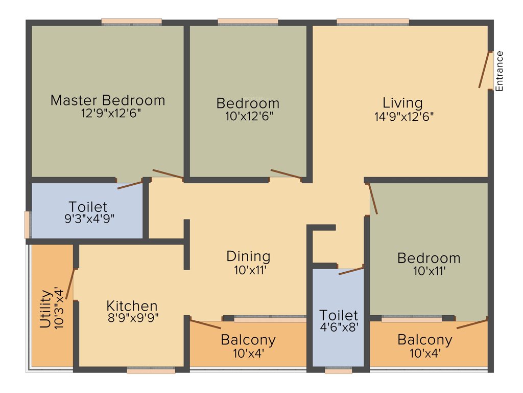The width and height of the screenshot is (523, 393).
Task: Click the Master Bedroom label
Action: tap(108, 100)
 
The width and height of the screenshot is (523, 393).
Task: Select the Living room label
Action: tap(403, 103)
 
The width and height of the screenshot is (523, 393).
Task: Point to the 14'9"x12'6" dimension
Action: tap(403, 116)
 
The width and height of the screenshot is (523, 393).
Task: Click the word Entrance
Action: tap(500, 71)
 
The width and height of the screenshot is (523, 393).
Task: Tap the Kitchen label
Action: tap(132, 306)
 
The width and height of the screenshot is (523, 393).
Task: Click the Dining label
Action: tap(248, 256)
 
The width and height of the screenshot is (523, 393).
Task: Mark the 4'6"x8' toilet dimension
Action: tap(339, 326)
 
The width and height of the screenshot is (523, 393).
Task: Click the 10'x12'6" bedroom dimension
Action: tap(248, 116)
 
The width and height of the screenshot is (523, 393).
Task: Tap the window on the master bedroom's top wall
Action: tap(131, 22)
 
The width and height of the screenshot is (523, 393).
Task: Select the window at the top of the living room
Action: tap(373, 22)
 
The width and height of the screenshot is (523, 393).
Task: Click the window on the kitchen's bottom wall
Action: tap(151, 370)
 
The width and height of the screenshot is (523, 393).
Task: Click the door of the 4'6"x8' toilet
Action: tap(351, 270)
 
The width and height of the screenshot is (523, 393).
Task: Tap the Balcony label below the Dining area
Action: tap(248, 340)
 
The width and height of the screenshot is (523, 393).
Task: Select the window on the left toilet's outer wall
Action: tap(28, 225)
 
